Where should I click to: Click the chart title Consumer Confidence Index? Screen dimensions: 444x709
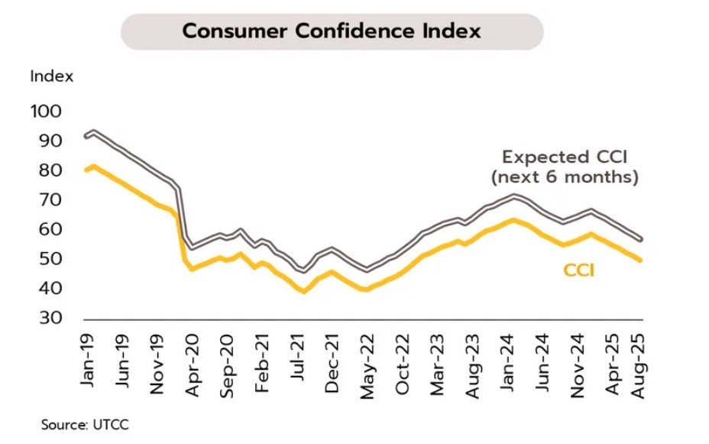332,31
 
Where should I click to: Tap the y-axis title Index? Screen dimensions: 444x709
52,76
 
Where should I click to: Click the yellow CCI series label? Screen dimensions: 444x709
579,270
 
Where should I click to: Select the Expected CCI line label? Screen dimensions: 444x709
565,157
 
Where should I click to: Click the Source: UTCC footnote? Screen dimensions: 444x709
79,423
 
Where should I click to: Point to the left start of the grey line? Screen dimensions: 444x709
86,136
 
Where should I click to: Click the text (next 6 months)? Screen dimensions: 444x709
565,177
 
